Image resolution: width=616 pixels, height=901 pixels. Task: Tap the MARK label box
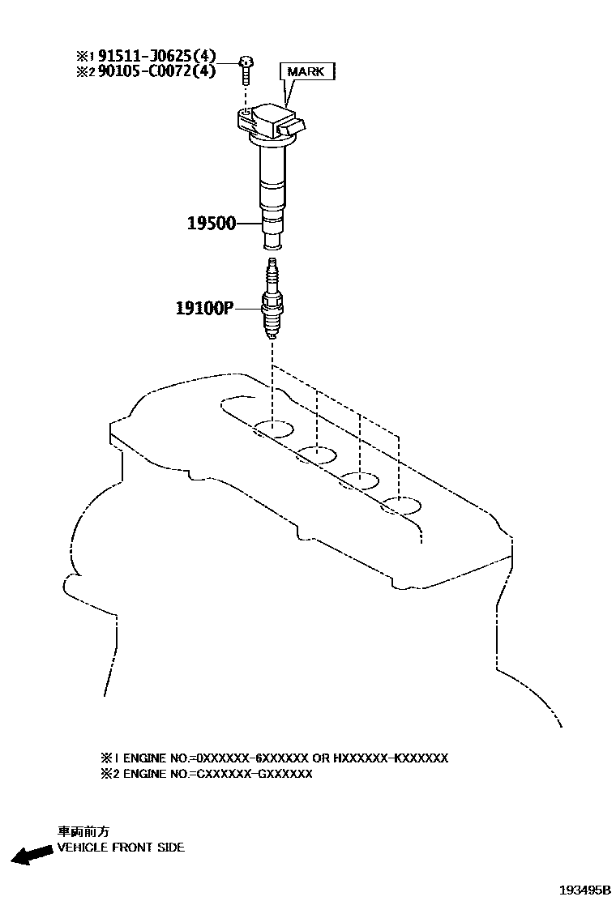[x=306, y=72]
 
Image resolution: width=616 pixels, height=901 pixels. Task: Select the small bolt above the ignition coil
[x=246, y=68]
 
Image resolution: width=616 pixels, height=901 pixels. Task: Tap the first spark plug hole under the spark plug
[x=273, y=429]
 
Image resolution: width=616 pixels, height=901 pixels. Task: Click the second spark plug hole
[x=316, y=455]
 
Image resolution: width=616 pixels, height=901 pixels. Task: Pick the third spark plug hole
[x=359, y=480]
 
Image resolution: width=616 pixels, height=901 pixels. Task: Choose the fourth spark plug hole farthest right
[x=401, y=506]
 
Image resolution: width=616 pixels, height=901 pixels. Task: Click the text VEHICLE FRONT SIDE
[x=120, y=848]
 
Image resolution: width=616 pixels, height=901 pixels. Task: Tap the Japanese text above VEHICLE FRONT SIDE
[x=83, y=831]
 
